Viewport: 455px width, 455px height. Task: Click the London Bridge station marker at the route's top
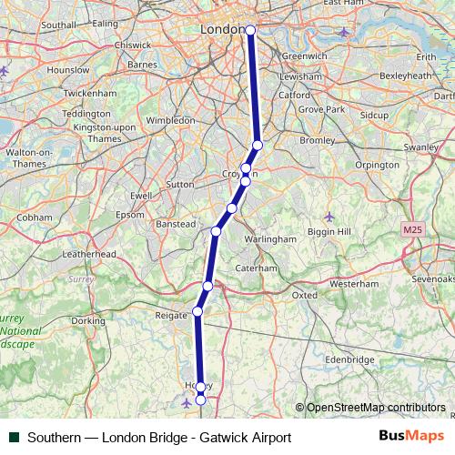click(x=250, y=29)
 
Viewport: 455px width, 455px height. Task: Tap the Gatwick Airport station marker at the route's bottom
click(x=200, y=399)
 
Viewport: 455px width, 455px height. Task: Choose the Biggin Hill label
click(x=331, y=232)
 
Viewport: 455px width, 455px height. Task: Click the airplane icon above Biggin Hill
click(x=329, y=217)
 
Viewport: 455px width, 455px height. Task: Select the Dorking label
click(x=88, y=320)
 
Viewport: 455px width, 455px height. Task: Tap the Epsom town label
click(x=131, y=215)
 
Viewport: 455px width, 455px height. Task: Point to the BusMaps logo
click(x=411, y=436)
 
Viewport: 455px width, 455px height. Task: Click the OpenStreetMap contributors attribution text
click(x=375, y=407)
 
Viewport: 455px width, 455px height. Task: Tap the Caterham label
click(x=256, y=268)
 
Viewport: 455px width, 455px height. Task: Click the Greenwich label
click(x=304, y=56)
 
